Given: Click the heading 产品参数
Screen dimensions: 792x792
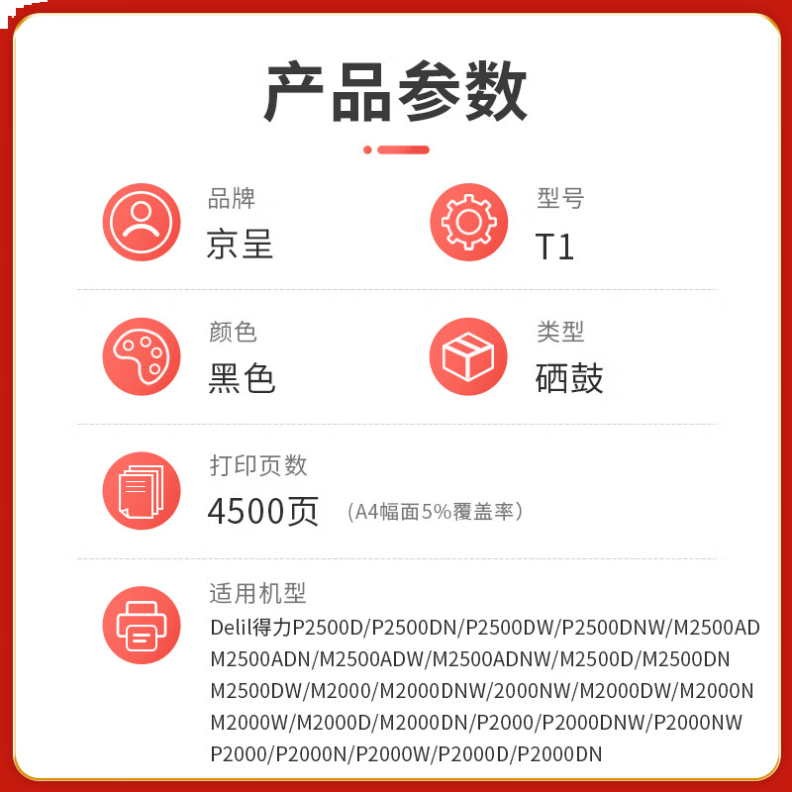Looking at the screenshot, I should (396, 91).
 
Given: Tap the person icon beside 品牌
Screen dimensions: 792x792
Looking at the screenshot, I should (142, 223).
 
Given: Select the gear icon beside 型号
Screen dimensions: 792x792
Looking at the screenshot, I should (468, 223).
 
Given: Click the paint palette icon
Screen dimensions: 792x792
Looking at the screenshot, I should (142, 356).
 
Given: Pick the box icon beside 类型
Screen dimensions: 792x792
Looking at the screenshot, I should (468, 356).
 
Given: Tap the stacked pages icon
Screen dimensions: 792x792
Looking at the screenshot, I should (142, 490).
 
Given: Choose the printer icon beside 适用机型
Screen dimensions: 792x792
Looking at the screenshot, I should (142, 625).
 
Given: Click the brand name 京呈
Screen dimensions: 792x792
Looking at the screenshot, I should (240, 244).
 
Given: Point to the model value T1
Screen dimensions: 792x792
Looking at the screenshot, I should (554, 247).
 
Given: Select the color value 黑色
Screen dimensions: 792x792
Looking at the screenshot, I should (242, 378).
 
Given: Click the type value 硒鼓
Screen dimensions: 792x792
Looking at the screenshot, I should (569, 378).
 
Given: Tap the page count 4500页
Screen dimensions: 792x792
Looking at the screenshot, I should (263, 511).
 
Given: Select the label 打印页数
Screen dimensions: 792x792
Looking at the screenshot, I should (258, 465).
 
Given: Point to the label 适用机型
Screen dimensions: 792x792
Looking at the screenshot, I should (257, 594).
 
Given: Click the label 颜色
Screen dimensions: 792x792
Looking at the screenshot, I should (233, 332).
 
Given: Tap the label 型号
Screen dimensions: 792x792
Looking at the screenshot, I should (560, 198).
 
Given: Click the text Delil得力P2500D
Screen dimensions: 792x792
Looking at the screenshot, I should (288, 627).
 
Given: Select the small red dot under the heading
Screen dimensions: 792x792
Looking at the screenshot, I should (367, 149).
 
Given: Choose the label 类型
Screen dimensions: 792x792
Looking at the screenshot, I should (560, 332).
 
